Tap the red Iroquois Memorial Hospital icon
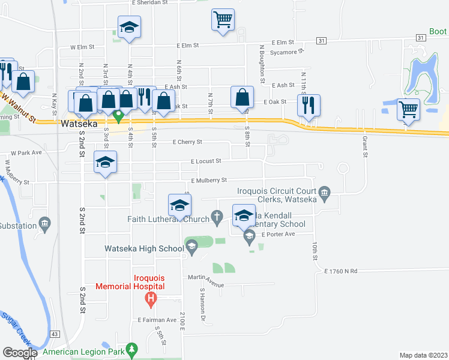coord(152,298)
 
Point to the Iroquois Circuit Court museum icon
coord(325,192)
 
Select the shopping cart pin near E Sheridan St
coord(223,19)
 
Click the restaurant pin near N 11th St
coord(309,105)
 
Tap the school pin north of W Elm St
coord(129,28)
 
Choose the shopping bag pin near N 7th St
coord(243,97)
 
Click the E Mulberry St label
coord(208,180)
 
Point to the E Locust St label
coord(206,161)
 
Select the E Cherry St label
coord(187,142)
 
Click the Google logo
coord(20,353)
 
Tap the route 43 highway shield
coord(55,334)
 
